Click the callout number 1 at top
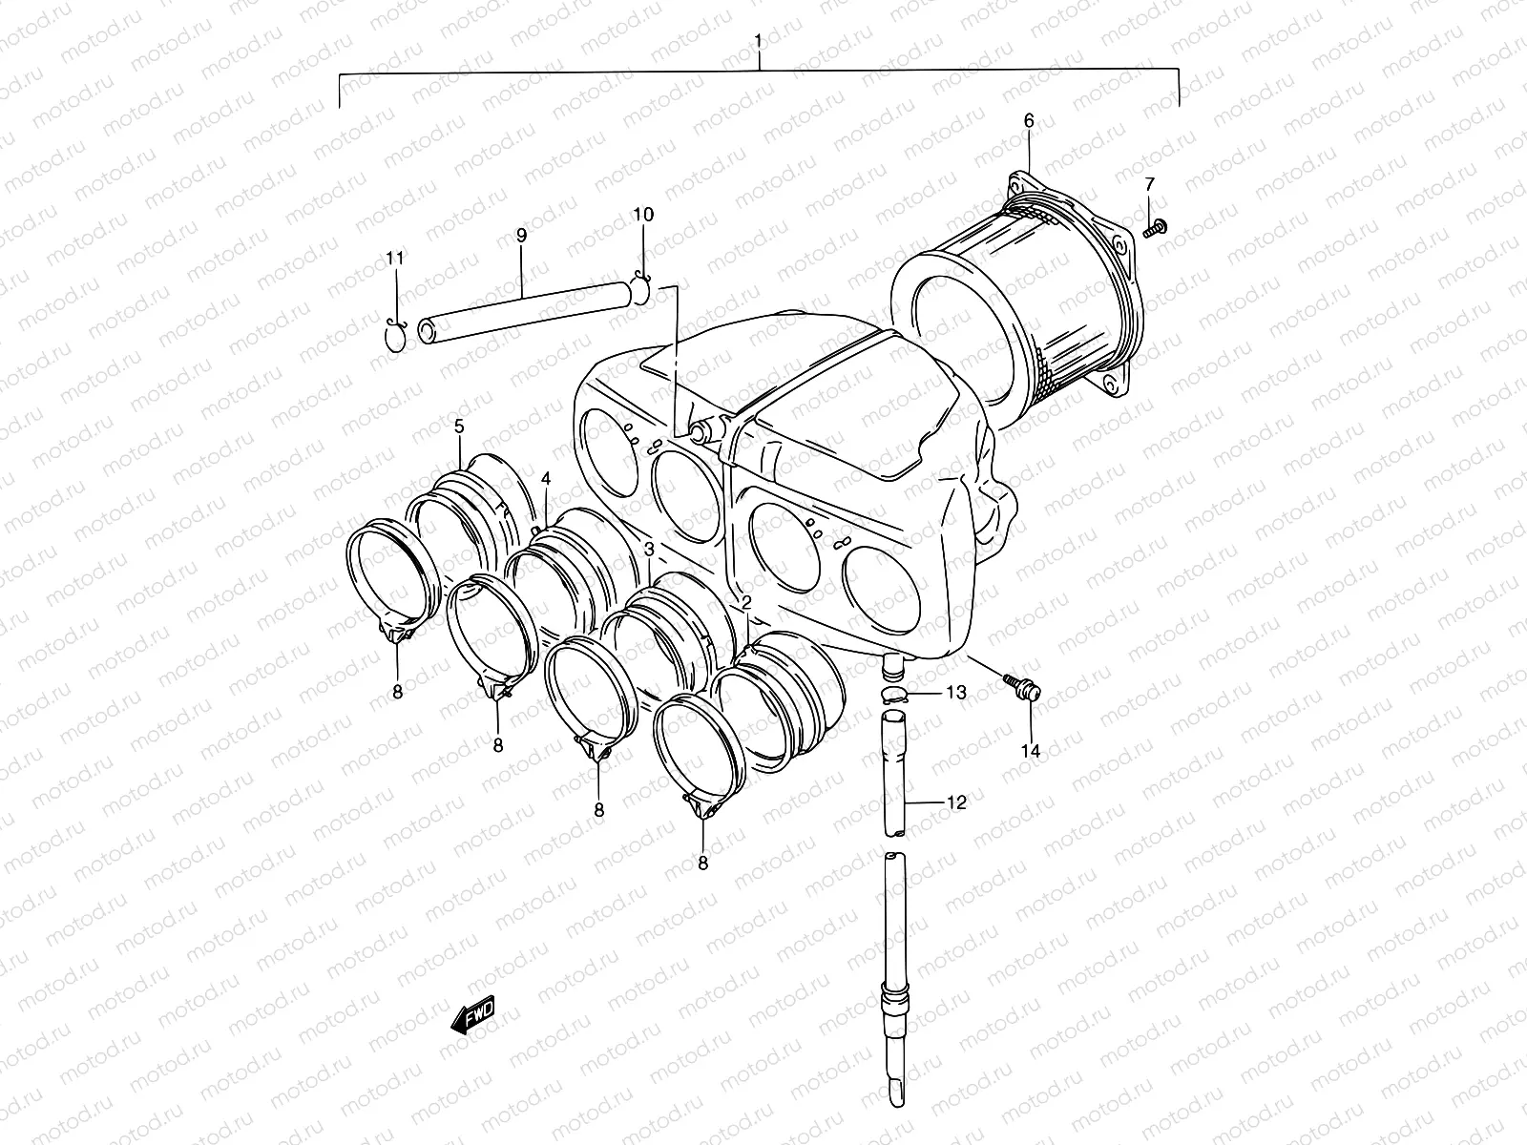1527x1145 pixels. [x=758, y=41]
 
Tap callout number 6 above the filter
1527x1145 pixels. [x=1028, y=121]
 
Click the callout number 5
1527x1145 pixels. [x=459, y=426]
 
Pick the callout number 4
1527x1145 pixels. [x=546, y=478]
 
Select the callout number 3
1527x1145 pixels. [x=649, y=549]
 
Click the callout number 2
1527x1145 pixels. [x=746, y=601]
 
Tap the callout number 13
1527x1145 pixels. [x=956, y=692]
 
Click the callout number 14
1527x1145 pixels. [x=1030, y=751]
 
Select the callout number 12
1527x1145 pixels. [x=956, y=802]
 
